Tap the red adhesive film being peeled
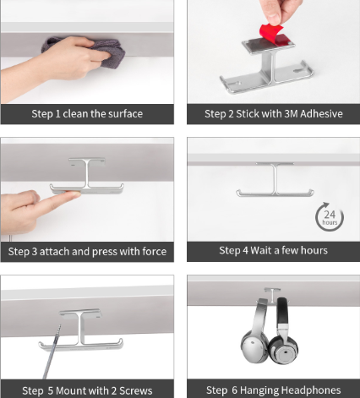pyautogui.click(x=271, y=33)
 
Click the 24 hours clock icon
pyautogui.click(x=330, y=217)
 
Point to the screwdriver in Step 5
pyautogui.click(x=53, y=352)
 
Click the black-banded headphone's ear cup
pyautogui.click(x=284, y=349)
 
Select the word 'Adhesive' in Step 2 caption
pyautogui.click(x=321, y=114)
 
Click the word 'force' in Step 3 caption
pyautogui.click(x=155, y=251)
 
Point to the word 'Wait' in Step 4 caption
pyautogui.click(x=261, y=250)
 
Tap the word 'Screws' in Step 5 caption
pyautogui.click(x=136, y=390)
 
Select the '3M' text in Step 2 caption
pyautogui.click(x=292, y=114)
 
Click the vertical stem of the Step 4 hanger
pyautogui.click(x=275, y=179)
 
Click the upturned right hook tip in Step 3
pyautogui.click(x=122, y=187)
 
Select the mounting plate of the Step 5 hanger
pyautogui.click(x=80, y=313)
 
